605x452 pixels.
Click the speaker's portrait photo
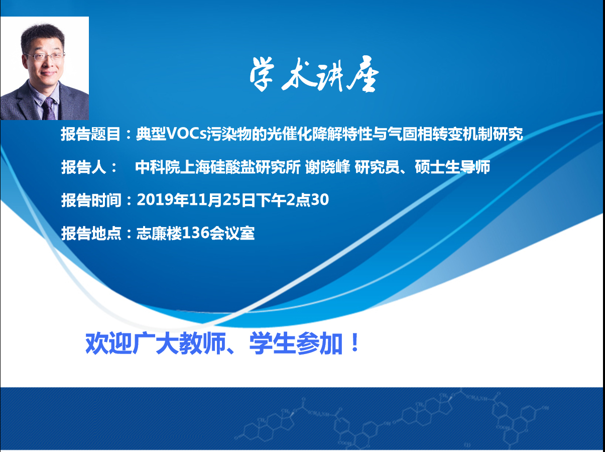pos(45,68)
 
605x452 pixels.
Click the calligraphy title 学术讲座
pos(314,74)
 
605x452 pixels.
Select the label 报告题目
pos(91,134)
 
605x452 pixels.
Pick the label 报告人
pos(84,167)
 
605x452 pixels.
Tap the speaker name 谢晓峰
pos(328,167)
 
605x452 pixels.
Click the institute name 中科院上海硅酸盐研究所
pos(218,167)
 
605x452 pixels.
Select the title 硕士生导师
pos(452,167)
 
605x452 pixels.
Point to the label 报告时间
pos(91,200)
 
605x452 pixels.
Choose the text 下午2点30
pos(292,200)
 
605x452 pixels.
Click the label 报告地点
pos(91,233)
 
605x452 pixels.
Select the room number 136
pos(195,233)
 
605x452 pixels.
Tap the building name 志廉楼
pos(159,233)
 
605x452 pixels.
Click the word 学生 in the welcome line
pos(272,344)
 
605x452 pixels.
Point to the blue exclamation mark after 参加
pos(355,343)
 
